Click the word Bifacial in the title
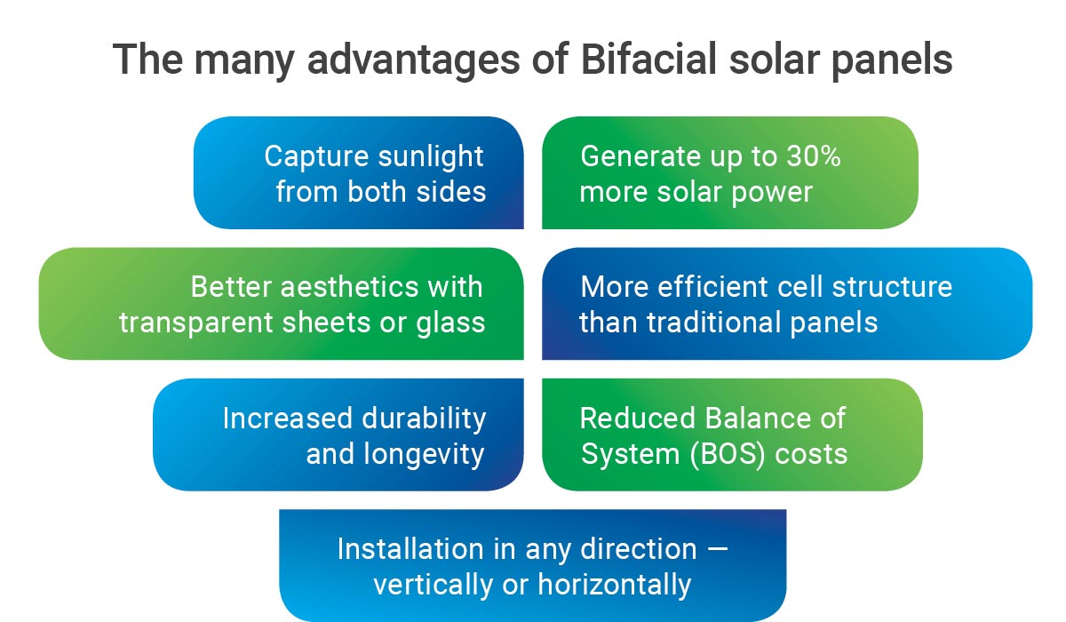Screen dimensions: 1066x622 coord(648,59)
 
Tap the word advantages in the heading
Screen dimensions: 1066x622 coord(414,62)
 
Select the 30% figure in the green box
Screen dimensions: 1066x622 coord(814,155)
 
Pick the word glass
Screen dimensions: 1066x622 coord(450,323)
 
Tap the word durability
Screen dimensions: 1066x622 coord(424,419)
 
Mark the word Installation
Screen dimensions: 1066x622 coord(410,549)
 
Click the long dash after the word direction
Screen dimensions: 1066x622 coord(718,549)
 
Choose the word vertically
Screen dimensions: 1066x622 coord(434,586)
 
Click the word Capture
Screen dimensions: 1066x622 coord(316,157)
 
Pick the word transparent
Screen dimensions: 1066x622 coord(196,324)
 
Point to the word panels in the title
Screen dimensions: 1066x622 coord(892,62)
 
